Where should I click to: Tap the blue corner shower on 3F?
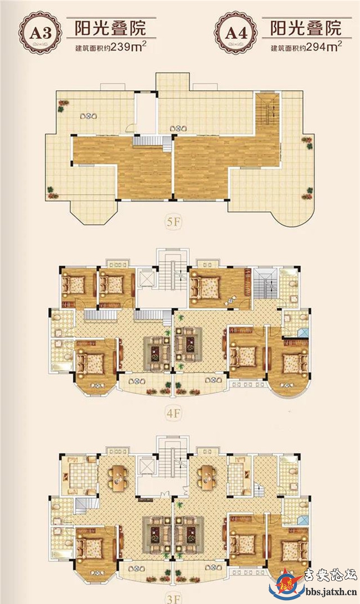[x=304, y=520]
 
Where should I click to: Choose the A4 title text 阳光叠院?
[x=306, y=28]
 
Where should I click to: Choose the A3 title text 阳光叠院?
[x=110, y=28]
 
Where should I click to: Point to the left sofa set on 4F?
[x=157, y=348]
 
